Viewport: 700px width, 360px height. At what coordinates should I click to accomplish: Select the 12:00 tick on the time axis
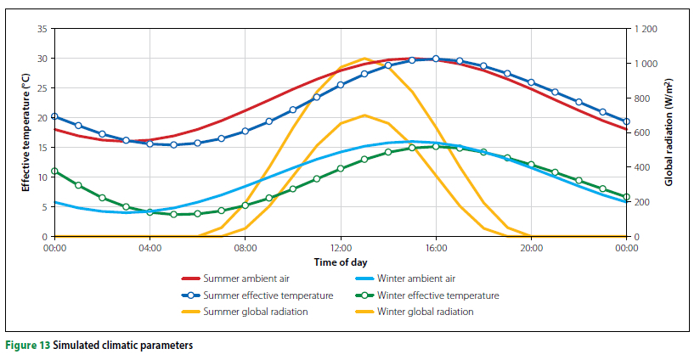[x=340, y=248]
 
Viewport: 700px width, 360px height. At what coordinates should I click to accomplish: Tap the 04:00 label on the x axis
[x=150, y=248]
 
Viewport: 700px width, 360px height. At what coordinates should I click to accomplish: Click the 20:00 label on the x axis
[x=531, y=248]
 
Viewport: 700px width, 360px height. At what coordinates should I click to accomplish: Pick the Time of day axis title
[x=340, y=262]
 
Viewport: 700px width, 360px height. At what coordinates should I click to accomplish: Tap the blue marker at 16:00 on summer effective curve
[x=436, y=59]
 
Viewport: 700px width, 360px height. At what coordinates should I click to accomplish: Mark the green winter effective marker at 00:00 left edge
[x=54, y=171]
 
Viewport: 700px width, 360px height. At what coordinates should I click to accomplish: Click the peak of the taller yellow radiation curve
[x=364, y=59]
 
